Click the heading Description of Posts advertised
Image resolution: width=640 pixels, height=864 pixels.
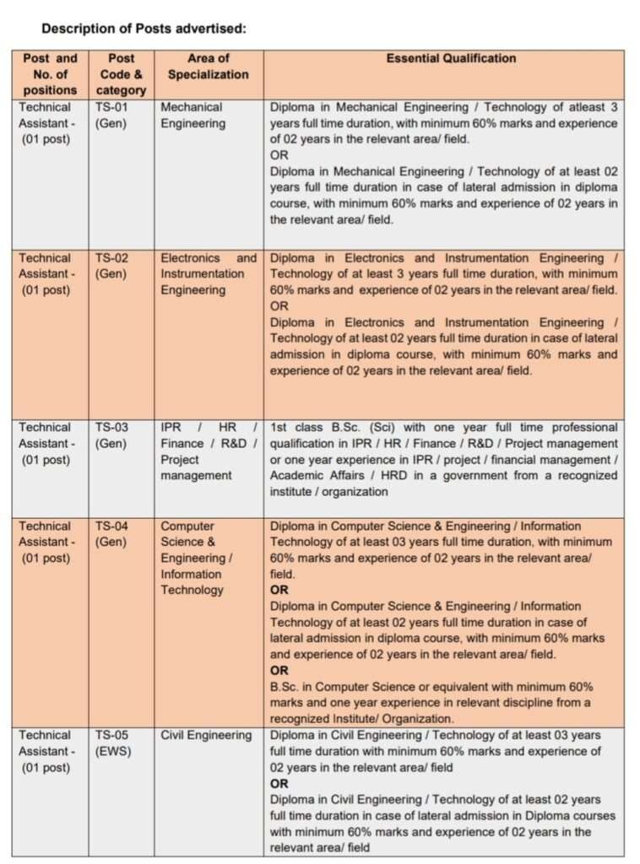coord(144,29)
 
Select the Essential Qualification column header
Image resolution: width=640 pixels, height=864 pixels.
coord(451,58)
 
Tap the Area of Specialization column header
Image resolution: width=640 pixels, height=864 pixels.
coord(208,67)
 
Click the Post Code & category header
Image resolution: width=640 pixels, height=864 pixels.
coord(122,74)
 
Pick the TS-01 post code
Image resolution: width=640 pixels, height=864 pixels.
coord(112,107)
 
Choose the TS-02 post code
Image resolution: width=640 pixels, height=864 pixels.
coord(112,258)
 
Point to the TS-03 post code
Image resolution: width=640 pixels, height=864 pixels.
coord(112,428)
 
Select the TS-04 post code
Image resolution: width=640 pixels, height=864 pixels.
coord(112,526)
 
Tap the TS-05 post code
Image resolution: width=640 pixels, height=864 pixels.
coord(112,735)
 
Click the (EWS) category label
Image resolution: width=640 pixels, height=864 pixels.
coord(113,751)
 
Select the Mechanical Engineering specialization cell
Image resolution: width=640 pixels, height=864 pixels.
coord(193,116)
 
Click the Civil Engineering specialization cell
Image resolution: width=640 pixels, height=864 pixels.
coord(206,735)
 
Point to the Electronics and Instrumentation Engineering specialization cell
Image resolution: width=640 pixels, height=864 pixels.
coord(208,274)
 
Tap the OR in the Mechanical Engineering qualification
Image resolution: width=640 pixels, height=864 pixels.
coord(279,155)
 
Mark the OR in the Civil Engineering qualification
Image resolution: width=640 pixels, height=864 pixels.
coord(279,784)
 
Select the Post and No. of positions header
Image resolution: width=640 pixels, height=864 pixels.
coord(50,74)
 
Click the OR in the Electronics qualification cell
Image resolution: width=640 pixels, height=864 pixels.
coord(279,306)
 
